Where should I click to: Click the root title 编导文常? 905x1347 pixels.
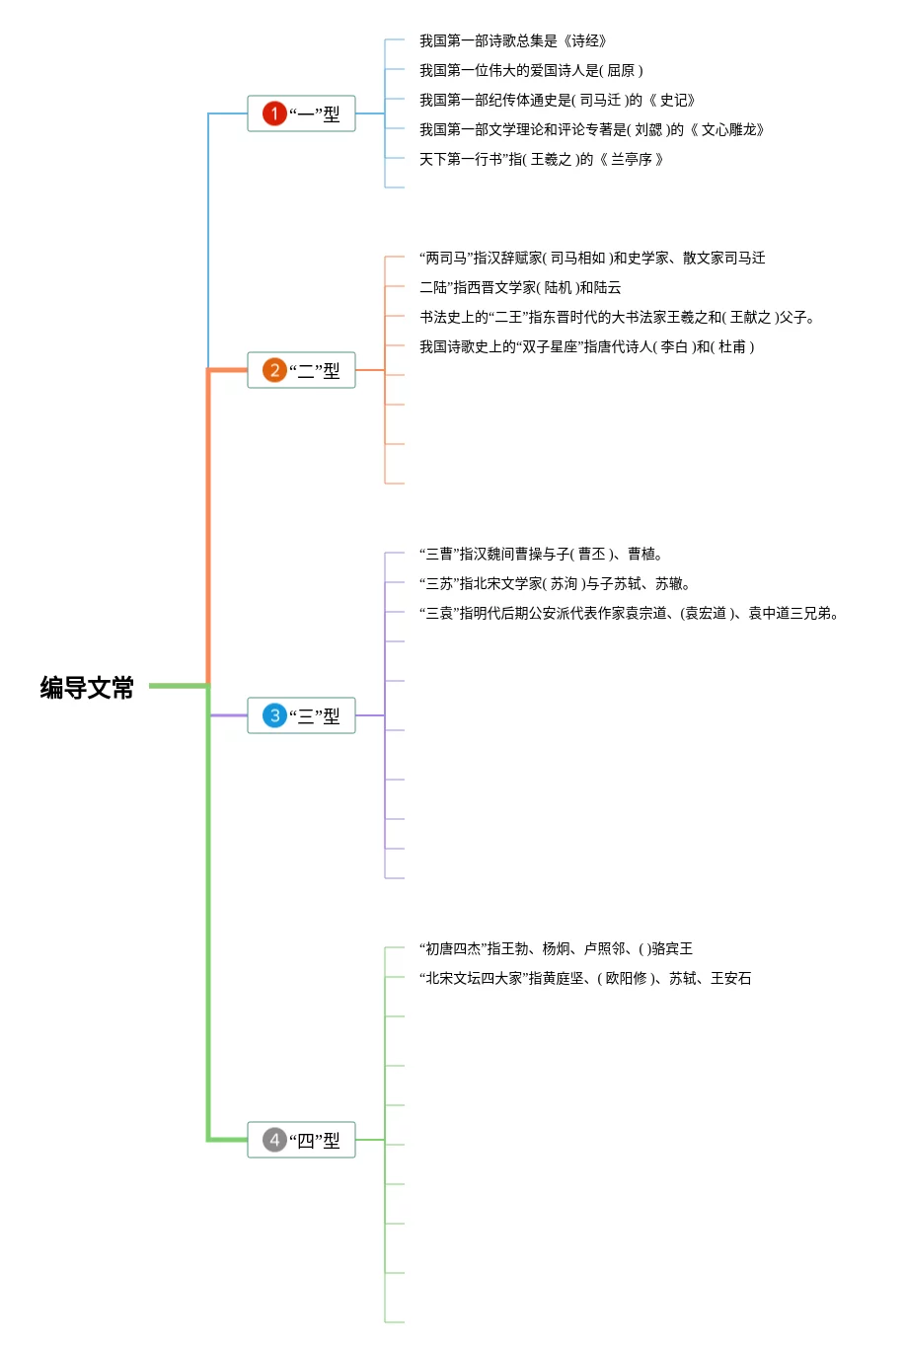click(87, 688)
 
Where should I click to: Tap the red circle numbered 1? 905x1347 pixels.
click(274, 113)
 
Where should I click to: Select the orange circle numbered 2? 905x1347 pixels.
click(274, 370)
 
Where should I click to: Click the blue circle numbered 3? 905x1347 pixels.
click(274, 715)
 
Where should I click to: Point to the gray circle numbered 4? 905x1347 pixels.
click(274, 1140)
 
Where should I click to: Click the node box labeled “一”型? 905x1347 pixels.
click(301, 113)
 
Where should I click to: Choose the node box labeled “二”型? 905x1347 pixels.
click(301, 370)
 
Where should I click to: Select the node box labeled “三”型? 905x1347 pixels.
click(301, 715)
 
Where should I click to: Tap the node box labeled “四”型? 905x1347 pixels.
click(301, 1140)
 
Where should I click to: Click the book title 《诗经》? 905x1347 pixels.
click(584, 40)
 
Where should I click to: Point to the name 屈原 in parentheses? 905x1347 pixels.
click(621, 70)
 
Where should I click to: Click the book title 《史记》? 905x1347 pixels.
click(671, 100)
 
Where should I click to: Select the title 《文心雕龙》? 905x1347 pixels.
click(726, 129)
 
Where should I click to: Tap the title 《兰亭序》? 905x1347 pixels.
click(631, 159)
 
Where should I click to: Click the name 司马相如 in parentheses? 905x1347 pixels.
click(578, 258)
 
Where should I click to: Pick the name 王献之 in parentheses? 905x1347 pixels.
click(750, 317)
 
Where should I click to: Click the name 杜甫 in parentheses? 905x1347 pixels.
click(732, 346)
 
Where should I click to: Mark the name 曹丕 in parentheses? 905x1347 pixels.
click(592, 554)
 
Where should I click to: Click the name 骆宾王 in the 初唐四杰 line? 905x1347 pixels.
click(672, 949)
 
